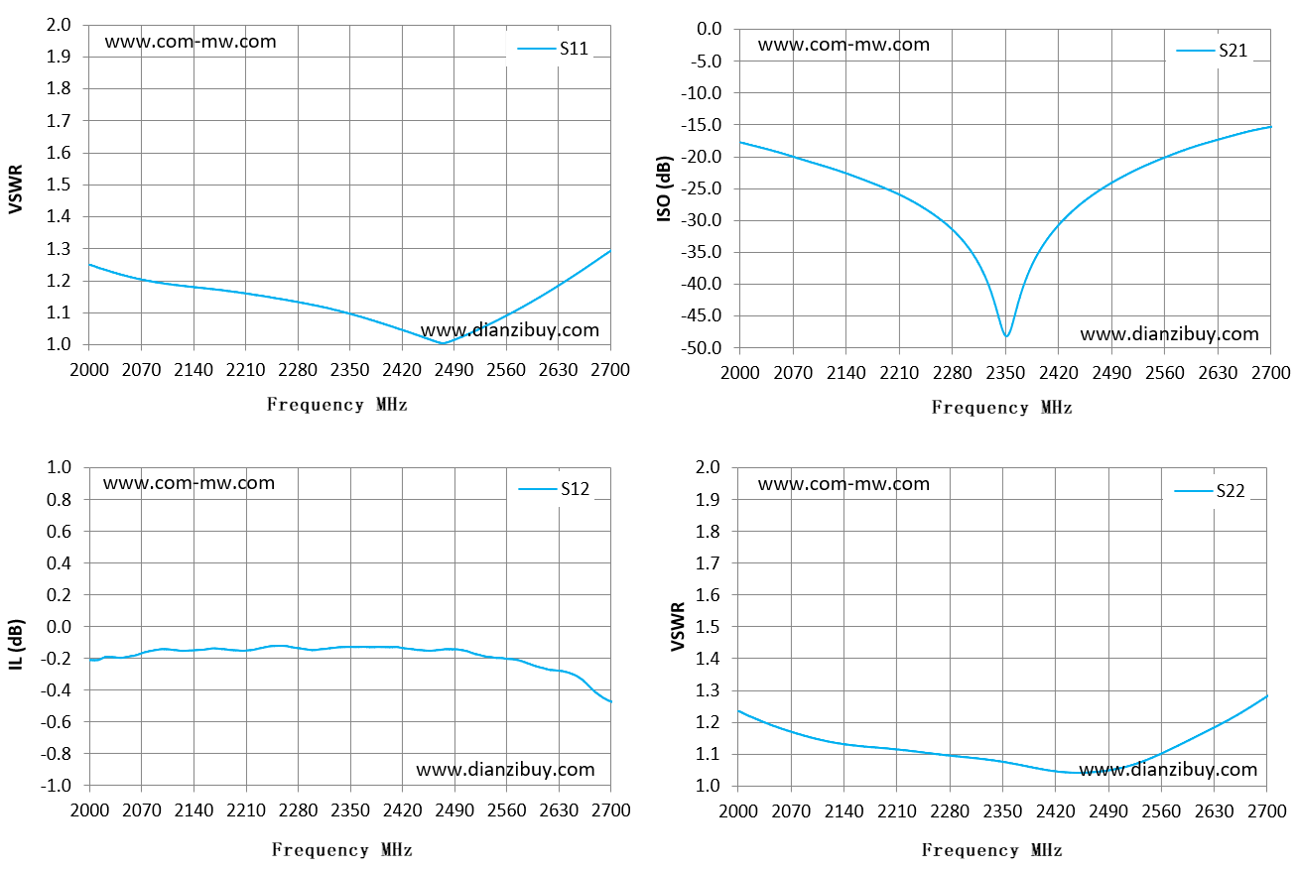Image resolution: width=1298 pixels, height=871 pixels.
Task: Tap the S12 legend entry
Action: pyautogui.click(x=554, y=489)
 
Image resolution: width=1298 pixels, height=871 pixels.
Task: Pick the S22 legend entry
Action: pyautogui.click(x=1210, y=491)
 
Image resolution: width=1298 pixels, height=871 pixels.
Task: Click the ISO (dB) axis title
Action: pyautogui.click(x=664, y=188)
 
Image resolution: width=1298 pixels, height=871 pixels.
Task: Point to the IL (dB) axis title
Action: pyautogui.click(x=16, y=645)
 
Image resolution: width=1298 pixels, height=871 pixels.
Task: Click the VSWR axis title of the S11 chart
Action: pyautogui.click(x=16, y=189)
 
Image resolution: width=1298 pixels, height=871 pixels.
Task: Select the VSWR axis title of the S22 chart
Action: pyautogui.click(x=678, y=627)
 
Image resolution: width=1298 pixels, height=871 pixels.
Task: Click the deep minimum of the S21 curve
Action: pyautogui.click(x=1006, y=336)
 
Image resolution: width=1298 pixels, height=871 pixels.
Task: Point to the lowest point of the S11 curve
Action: pyautogui.click(x=443, y=343)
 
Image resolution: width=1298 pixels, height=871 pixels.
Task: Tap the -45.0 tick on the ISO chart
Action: pyautogui.click(x=702, y=315)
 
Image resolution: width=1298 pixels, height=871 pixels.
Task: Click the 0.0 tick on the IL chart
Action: pyautogui.click(x=59, y=627)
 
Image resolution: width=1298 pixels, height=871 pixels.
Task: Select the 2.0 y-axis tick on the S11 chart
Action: pyautogui.click(x=59, y=25)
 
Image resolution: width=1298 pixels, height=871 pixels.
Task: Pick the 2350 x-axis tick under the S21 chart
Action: pyautogui.click(x=1005, y=373)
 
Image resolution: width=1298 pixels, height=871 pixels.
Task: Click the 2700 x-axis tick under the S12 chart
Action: pyautogui.click(x=610, y=810)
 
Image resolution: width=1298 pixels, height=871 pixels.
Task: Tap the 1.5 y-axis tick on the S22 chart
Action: pyautogui.click(x=708, y=627)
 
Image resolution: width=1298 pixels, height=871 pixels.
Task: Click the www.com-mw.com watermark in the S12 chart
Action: pyautogui.click(x=189, y=483)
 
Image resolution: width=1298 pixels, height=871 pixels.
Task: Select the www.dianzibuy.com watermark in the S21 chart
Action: pyautogui.click(x=1169, y=334)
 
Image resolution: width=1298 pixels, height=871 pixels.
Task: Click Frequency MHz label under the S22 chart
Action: pyautogui.click(x=992, y=850)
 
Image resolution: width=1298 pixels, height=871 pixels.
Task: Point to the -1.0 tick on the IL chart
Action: pyautogui.click(x=56, y=786)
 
